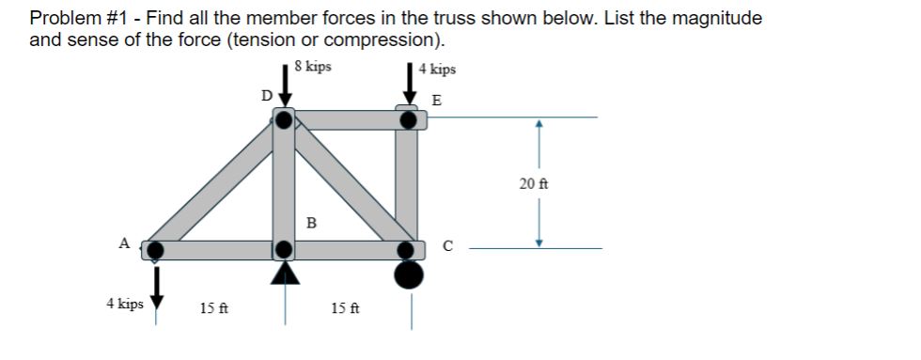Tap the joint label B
[x=311, y=223]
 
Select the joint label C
[x=448, y=247]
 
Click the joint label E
[x=435, y=100]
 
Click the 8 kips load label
[x=312, y=67]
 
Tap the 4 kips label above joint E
[x=437, y=69]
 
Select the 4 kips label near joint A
[x=125, y=304]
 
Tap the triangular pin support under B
[x=286, y=272]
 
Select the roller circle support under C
[x=409, y=275]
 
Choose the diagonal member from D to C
[x=348, y=183]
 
